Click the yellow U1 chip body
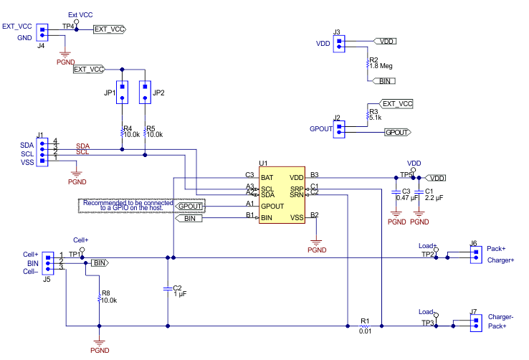pos(283,196)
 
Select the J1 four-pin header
pos(42,153)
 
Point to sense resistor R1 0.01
pos(363,324)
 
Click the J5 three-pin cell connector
pos(48,262)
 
